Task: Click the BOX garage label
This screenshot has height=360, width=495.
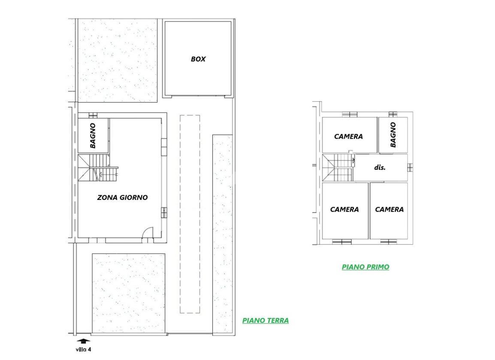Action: click(198, 59)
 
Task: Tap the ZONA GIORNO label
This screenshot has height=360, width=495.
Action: click(123, 197)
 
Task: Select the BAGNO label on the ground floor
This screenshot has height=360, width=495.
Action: click(93, 136)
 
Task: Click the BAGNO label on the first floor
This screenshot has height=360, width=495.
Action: click(393, 135)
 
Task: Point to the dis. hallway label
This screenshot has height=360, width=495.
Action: click(380, 167)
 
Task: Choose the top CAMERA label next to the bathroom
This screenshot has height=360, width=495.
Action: click(349, 136)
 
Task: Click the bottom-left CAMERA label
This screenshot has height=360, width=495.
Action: click(344, 209)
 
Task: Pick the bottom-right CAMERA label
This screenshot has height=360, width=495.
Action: click(389, 209)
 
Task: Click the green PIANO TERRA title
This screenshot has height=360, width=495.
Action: click(266, 321)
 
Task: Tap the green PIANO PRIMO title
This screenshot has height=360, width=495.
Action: click(365, 267)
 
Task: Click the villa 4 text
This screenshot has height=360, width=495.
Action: click(83, 349)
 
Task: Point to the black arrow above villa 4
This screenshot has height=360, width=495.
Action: click(83, 341)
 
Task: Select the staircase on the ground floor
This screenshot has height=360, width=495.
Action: click(98, 168)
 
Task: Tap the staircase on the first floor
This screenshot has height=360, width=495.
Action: click(338, 167)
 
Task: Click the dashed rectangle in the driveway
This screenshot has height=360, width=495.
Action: click(190, 214)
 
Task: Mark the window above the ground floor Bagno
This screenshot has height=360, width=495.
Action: click(93, 115)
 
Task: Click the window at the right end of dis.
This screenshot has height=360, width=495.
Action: click(410, 167)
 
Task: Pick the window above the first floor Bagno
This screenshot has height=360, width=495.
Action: click(393, 114)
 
